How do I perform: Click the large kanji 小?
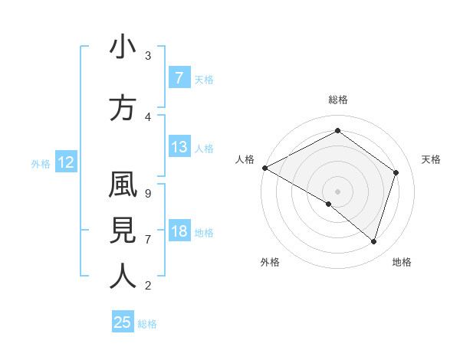tap(123, 47)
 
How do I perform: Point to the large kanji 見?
tap(123, 231)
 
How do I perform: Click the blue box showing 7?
tap(179, 78)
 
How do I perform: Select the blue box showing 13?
tap(179, 147)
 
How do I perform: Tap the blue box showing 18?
tap(179, 231)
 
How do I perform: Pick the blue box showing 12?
tap(66, 162)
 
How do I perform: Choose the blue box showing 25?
tap(123, 322)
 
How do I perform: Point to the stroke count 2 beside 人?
tap(147, 286)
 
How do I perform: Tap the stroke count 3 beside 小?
tap(147, 56)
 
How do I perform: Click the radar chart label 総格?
tap(337, 100)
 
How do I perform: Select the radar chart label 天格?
tap(431, 159)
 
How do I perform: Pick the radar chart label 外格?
tap(270, 262)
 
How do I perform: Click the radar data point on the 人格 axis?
tap(264, 167)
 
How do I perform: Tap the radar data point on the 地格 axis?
tap(374, 241)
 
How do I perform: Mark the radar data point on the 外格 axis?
tap(329, 204)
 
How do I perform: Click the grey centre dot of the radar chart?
tap(337, 191)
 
